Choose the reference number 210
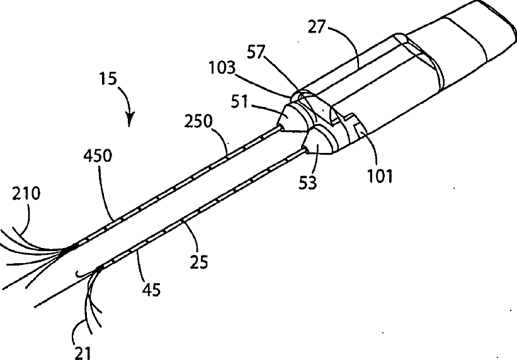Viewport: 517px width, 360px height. click(27, 194)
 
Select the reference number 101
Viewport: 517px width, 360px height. click(380, 175)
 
